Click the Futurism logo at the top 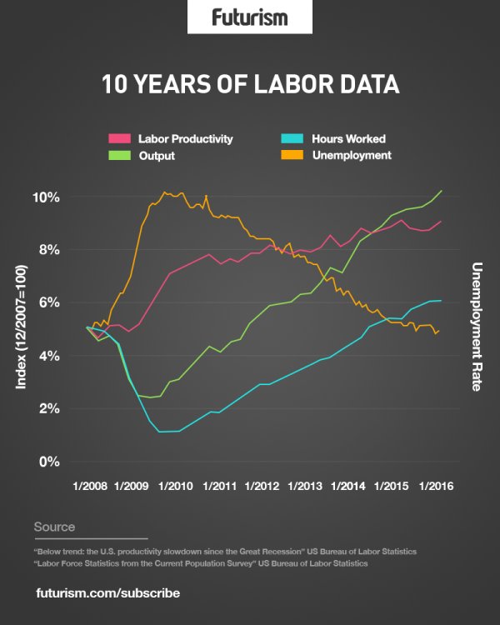249,17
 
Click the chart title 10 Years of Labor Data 250,84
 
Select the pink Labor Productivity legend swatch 122,138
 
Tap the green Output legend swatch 122,155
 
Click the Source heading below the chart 54,527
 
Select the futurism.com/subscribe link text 108,593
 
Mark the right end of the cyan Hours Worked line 441,300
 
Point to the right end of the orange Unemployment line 439,330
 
